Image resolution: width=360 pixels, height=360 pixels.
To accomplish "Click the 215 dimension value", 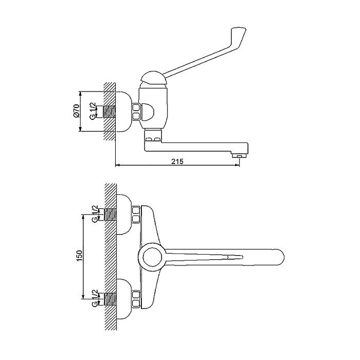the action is tap(177, 161).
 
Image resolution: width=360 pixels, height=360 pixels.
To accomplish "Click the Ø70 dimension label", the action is tap(77, 111).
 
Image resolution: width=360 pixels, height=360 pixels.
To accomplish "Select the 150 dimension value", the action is tap(79, 256).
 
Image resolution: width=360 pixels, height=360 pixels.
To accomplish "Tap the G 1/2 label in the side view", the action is tap(93, 111).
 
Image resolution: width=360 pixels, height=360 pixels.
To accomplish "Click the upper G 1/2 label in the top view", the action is tap(95, 214).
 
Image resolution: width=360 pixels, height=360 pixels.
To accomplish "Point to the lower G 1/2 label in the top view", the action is tap(95, 298).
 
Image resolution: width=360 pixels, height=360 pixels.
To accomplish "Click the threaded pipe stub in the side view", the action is tap(109, 112).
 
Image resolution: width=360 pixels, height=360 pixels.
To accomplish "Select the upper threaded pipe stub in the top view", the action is tap(111, 214).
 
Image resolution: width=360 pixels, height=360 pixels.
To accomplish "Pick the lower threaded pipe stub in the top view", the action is tap(111, 299).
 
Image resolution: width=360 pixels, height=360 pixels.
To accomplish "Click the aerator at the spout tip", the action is tap(239, 156).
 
